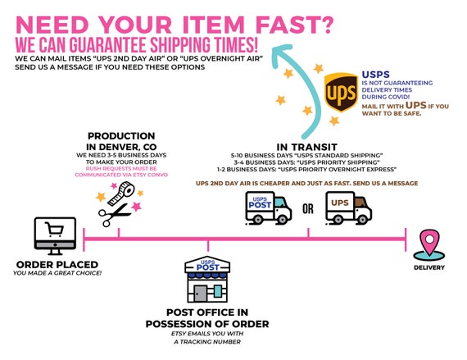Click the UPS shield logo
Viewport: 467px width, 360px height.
(341, 92)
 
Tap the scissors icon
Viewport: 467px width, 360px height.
(114, 215)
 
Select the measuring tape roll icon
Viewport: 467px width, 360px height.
(121, 194)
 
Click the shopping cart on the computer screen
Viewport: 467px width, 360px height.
(55, 229)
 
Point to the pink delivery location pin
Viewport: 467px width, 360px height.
(429, 242)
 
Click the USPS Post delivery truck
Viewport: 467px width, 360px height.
(268, 208)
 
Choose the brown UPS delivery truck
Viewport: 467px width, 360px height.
(348, 208)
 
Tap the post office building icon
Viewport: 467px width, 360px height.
(207, 280)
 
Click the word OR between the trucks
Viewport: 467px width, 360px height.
(308, 209)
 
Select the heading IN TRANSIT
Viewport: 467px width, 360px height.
(306, 147)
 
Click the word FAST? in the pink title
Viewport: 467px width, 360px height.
(294, 25)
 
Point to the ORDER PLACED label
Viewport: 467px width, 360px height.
(57, 264)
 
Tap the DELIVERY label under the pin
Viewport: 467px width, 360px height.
(429, 267)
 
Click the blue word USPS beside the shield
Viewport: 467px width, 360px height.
(375, 75)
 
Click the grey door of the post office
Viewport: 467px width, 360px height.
(200, 294)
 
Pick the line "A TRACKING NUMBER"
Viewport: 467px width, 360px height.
(207, 341)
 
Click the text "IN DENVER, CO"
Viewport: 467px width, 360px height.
(121, 147)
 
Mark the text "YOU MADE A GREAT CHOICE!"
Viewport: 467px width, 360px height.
(57, 273)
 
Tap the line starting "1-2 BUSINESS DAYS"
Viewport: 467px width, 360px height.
(306, 169)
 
